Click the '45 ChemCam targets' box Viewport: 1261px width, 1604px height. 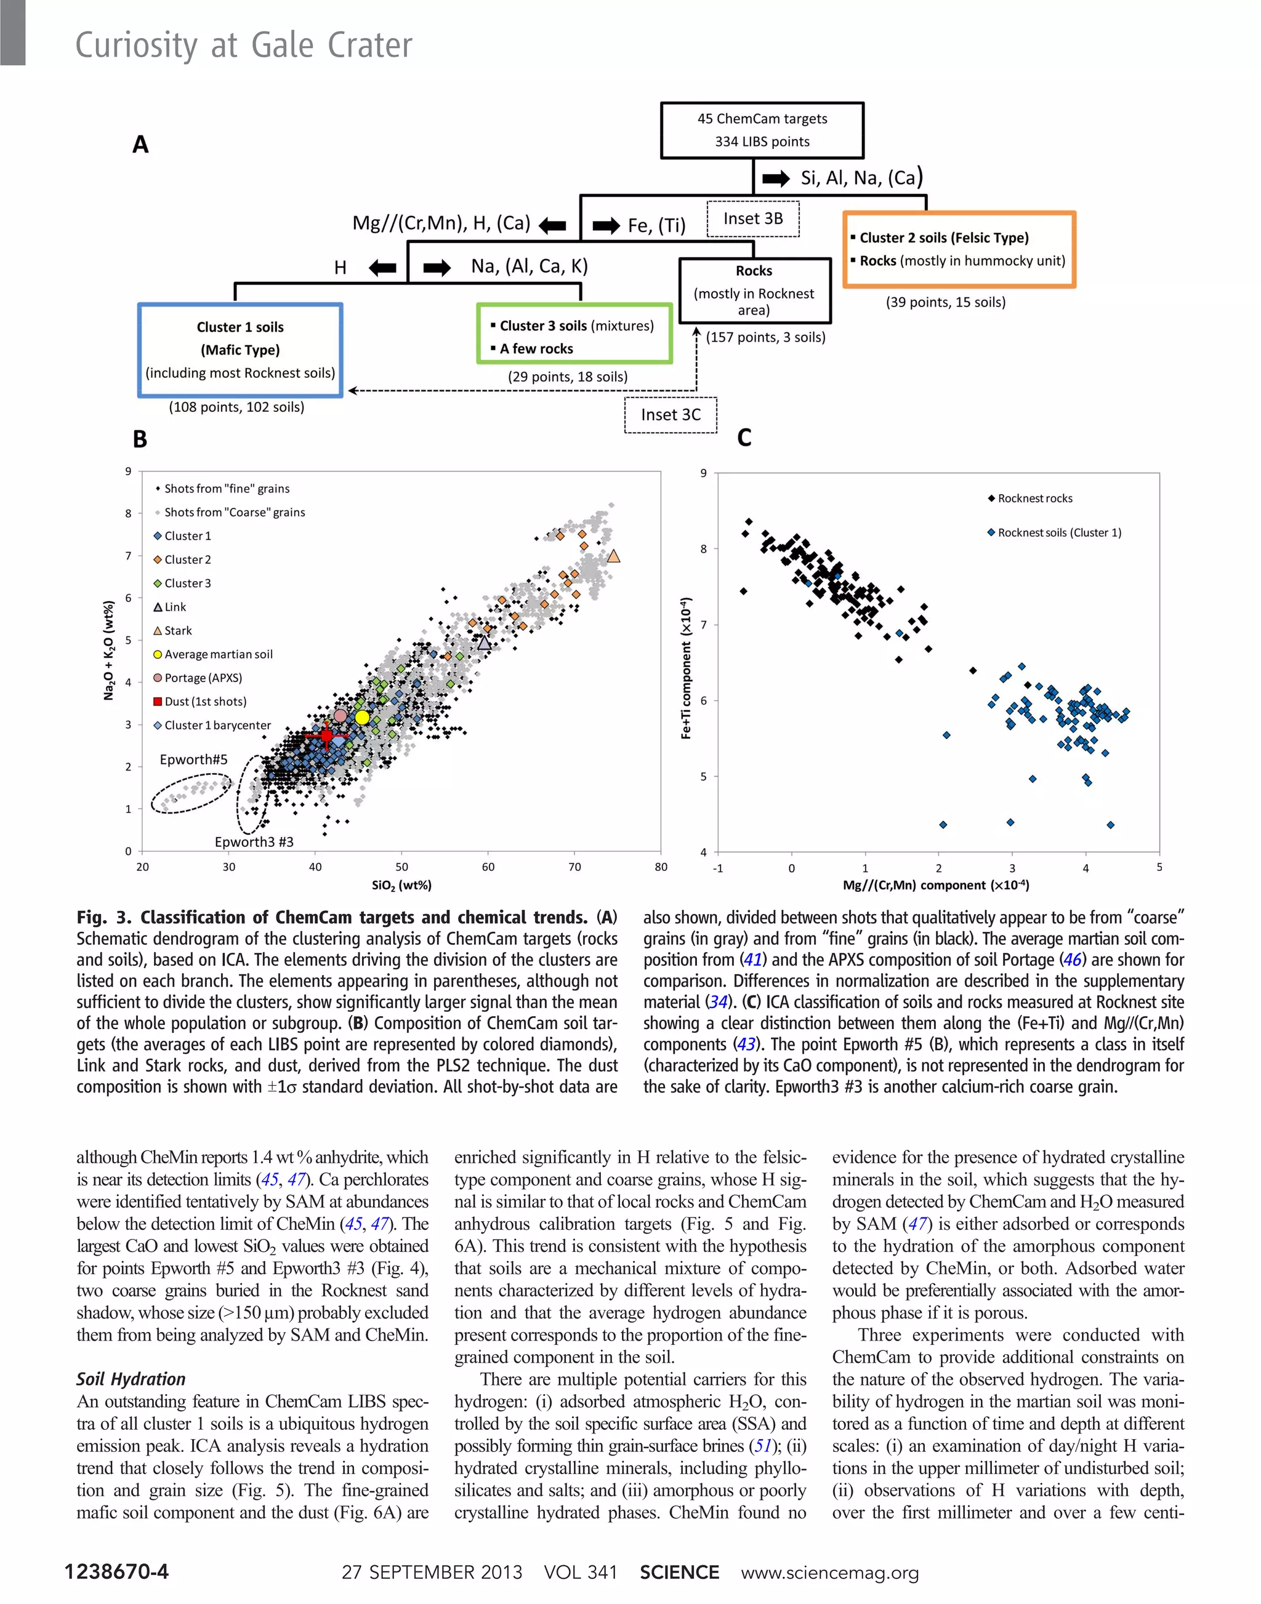tap(762, 130)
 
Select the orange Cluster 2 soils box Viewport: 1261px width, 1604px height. tap(959, 249)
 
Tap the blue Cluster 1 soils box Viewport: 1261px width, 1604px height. tap(240, 350)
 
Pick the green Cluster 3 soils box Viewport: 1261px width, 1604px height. tap(574, 334)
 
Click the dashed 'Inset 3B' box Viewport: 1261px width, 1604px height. tap(753, 219)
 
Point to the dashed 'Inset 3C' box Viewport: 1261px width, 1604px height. tap(671, 415)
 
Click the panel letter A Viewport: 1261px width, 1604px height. tap(140, 145)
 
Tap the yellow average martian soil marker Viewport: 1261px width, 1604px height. tap(362, 716)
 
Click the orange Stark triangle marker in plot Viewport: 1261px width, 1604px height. tap(613, 556)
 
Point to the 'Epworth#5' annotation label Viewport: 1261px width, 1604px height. tap(193, 760)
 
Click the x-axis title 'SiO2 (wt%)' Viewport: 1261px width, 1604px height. tap(401, 885)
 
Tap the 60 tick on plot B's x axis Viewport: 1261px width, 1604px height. tap(488, 867)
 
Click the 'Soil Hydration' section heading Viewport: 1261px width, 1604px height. tap(131, 1379)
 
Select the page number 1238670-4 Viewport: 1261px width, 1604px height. tap(116, 1571)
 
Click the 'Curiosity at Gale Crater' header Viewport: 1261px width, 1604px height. tap(244, 45)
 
